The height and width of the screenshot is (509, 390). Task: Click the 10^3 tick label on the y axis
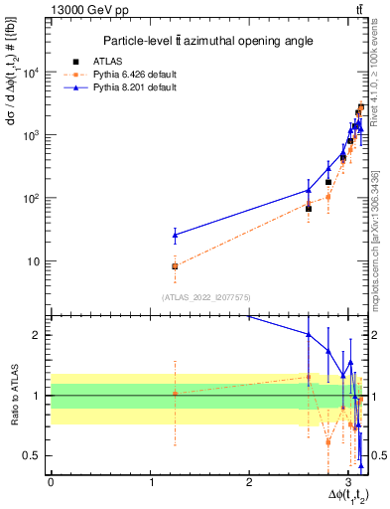point(33,135)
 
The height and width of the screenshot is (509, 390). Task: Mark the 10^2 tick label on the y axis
point(33,199)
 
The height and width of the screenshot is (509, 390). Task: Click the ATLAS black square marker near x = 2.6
point(309,209)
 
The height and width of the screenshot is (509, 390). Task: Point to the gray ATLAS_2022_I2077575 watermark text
point(205,296)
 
